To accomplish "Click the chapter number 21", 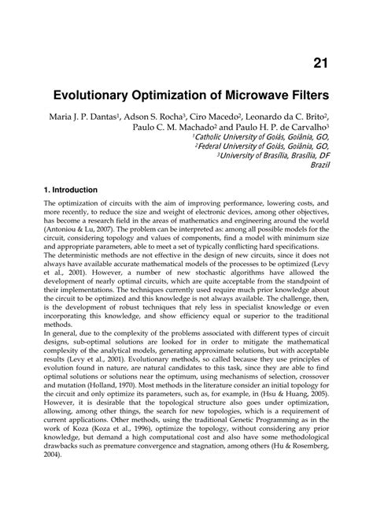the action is (320, 63).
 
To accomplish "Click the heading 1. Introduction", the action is (71, 190).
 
